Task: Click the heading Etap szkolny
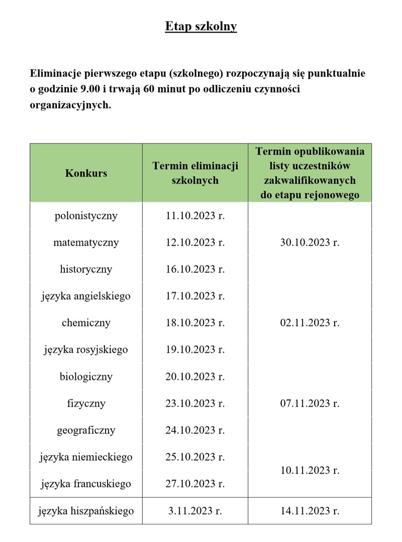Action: pos(201,26)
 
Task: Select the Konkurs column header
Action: pos(86,173)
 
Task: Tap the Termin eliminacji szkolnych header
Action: pos(195,173)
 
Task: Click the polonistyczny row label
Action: pos(86,216)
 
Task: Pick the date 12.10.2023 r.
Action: pos(195,242)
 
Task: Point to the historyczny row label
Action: pos(86,269)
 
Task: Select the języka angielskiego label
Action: pos(86,296)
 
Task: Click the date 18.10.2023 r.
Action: pos(195,323)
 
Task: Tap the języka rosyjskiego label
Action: pos(86,350)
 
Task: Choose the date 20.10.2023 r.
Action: pos(195,376)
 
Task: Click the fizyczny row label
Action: pos(86,403)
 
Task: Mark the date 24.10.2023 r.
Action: pos(195,430)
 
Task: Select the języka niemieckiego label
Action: pos(86,457)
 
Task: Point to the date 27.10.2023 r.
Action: pos(195,484)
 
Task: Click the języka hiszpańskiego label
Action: pos(86,511)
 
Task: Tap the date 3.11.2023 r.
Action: pos(195,511)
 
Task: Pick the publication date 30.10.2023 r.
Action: pos(310,242)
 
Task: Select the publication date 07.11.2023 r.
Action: pos(310,403)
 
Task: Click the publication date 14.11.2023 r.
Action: pos(310,511)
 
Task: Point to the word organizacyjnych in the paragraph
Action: pos(70,106)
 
